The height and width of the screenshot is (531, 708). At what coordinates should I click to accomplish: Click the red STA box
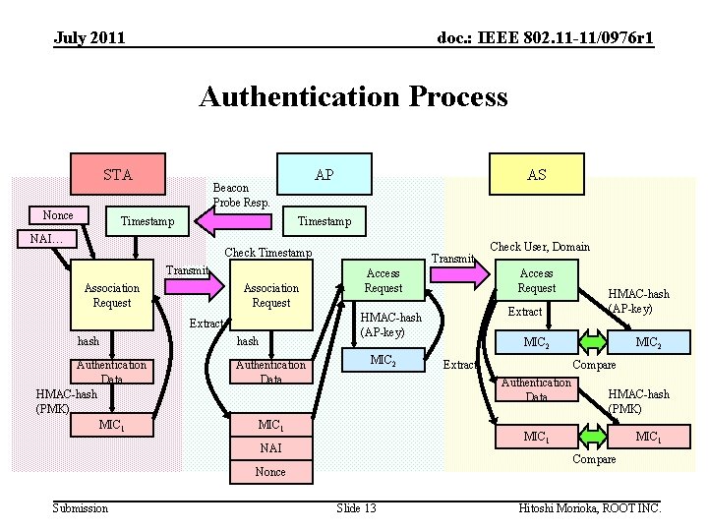117,175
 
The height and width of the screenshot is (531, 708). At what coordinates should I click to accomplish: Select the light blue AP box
324,175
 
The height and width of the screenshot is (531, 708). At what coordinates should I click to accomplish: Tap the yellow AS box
536,175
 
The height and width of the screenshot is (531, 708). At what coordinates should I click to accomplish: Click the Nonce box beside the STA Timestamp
58,215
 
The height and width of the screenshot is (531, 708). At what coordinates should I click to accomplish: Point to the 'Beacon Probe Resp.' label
241,195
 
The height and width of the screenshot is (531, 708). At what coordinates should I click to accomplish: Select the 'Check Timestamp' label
268,253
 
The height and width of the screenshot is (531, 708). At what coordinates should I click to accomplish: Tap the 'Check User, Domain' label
539,246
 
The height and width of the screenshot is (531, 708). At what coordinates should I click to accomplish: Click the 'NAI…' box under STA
47,239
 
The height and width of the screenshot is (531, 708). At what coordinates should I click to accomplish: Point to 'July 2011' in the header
89,38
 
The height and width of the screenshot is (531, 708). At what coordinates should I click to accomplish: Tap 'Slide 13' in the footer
356,507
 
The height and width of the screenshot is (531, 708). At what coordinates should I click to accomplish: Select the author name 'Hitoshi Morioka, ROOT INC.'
589,507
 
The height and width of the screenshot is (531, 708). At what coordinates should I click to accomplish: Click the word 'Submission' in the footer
81,507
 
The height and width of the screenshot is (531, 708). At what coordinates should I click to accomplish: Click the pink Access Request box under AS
536,281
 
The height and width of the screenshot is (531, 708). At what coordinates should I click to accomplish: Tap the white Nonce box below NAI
270,472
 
